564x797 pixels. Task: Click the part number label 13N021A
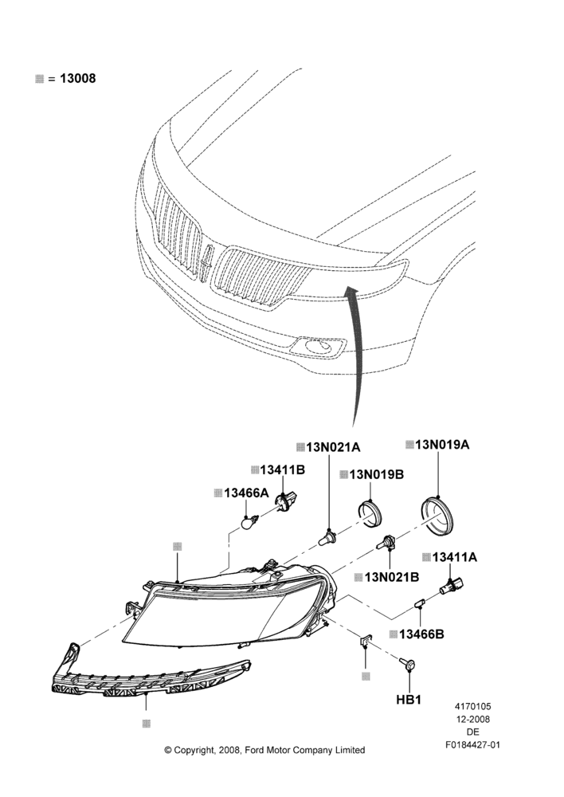333,447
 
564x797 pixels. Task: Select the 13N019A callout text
442,445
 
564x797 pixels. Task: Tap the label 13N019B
377,474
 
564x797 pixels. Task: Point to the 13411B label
283,470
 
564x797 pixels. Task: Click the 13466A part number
246,493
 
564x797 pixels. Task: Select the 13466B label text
421,634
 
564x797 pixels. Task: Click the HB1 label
409,700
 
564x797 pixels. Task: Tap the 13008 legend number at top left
78,78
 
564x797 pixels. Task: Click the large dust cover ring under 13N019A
438,515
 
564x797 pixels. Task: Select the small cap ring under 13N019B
371,514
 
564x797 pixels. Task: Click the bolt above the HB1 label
408,663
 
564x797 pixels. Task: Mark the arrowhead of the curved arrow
351,291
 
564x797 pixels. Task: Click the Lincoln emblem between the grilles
207,261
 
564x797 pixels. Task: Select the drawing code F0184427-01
473,745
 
